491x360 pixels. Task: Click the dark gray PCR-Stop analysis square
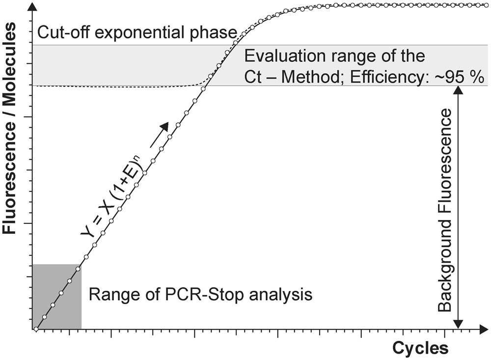pos(56,297)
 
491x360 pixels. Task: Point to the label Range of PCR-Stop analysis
pos(200,295)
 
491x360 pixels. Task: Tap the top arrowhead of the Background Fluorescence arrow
pos(458,90)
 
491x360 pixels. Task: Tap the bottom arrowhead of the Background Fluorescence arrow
pos(458,324)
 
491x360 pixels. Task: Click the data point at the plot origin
pos(36,329)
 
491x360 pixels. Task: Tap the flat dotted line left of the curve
pos(113,86)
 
